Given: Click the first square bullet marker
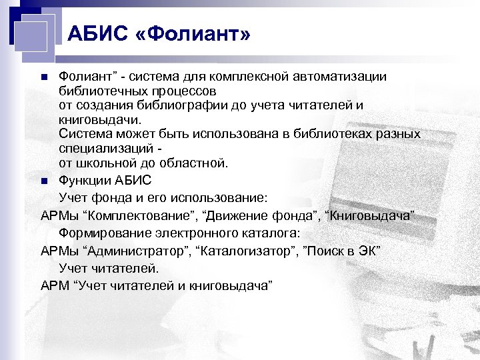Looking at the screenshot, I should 44,77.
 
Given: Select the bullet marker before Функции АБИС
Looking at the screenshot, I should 44,180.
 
